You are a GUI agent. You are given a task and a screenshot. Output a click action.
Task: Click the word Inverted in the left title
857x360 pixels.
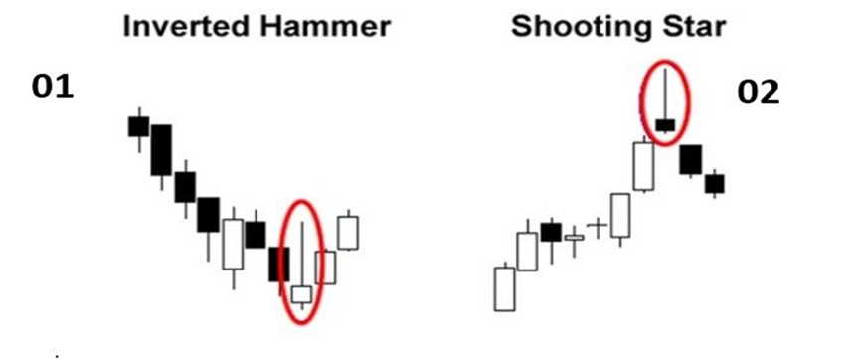pos(181,27)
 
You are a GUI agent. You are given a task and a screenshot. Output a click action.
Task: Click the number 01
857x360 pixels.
pos(54,88)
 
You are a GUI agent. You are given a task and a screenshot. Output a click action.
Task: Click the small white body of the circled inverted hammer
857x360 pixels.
pos(301,294)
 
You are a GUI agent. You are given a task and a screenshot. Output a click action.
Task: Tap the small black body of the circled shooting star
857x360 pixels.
pos(665,124)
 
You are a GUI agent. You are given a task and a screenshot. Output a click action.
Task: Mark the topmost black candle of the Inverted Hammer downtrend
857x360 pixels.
pos(138,125)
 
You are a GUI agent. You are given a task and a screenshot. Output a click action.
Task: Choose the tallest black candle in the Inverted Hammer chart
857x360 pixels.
pos(161,150)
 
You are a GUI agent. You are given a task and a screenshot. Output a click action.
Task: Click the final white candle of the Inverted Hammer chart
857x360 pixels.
pos(348,232)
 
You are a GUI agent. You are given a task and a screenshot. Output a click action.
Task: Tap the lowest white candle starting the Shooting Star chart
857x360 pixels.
pos(504,288)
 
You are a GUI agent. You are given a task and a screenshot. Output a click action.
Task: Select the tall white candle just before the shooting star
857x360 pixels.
pos(644,166)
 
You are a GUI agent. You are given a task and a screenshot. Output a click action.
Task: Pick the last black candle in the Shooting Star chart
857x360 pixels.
pos(714,183)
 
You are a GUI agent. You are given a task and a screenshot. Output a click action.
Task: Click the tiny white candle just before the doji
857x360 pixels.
pos(574,238)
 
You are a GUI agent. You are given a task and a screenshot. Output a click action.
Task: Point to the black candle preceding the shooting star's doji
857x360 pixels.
pos(551,232)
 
